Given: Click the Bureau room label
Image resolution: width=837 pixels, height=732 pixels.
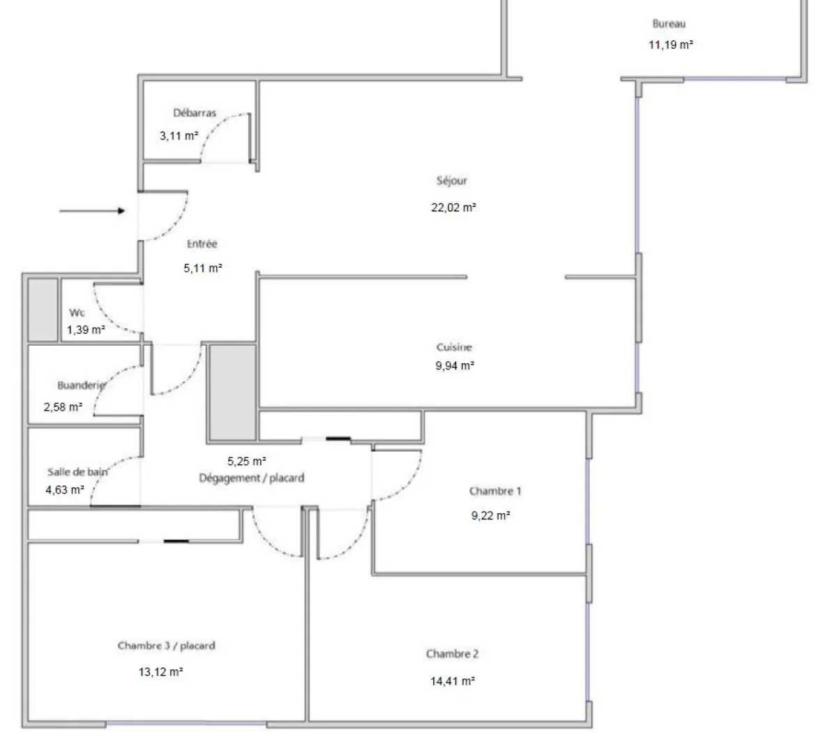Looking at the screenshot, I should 669,24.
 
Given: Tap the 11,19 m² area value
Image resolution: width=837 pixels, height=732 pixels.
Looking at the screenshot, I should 670,45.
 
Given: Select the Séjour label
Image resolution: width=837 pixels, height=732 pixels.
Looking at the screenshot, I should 452,181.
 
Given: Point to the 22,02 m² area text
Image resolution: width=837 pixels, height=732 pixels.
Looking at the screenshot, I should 453,207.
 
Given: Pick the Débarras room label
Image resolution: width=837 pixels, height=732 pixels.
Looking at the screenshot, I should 195,113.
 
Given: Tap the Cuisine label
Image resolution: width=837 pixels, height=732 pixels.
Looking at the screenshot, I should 454,347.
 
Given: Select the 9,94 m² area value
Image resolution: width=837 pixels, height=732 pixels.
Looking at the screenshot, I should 454,365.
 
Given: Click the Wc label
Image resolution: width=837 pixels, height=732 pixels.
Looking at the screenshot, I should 77,313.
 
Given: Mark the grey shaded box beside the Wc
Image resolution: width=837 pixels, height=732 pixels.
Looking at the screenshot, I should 42,310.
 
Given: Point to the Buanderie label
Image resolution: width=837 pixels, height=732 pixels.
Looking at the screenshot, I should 81,385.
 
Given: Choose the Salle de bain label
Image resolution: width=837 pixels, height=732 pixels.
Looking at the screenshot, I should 77,472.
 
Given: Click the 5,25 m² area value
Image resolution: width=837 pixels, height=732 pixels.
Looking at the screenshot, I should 247,461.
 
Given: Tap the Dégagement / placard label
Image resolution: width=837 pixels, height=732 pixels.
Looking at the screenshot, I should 252,478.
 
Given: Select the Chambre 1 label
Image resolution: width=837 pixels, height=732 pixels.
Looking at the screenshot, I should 495,491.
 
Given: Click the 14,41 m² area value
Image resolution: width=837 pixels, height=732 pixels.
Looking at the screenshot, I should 453,681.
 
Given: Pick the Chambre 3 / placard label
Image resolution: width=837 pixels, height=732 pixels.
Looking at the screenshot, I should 166,646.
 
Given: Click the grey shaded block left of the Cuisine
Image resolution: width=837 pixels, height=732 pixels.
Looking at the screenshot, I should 232,392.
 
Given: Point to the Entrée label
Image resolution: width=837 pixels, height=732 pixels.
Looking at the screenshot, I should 202,244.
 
